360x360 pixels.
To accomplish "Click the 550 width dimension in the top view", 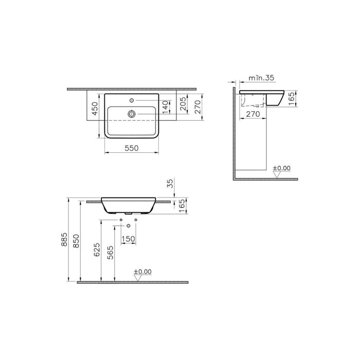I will pyautogui.click(x=133, y=147).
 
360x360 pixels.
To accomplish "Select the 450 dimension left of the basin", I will pyautogui.click(x=95, y=109).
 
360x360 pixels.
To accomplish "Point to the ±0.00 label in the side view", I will pyautogui.click(x=281, y=168).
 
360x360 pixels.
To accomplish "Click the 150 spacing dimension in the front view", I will pyautogui.click(x=129, y=239).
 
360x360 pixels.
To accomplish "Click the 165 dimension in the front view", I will pyautogui.click(x=181, y=206).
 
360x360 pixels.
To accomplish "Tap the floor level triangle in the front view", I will pyautogui.click(x=137, y=278).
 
